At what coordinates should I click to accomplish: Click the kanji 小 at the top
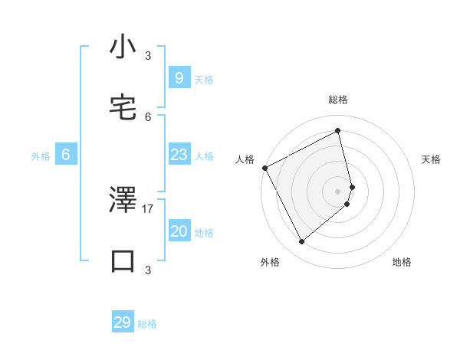point(123,47)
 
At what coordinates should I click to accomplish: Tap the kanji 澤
point(123,201)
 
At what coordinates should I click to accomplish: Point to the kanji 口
point(123,260)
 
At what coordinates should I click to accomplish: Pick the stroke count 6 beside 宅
point(148,116)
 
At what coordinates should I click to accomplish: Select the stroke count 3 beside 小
point(148,55)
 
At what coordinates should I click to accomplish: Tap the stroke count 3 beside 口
point(148,270)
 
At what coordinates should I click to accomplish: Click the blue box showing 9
point(179,77)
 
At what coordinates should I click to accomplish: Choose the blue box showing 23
point(179,155)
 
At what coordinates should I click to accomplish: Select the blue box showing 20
point(179,232)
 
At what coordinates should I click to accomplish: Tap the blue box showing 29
point(123,322)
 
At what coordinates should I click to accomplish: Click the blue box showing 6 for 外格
point(66,155)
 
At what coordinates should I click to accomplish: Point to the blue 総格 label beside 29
point(148,324)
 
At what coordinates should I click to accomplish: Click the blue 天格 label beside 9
point(204,79)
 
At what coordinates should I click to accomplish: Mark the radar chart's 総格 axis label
point(338,100)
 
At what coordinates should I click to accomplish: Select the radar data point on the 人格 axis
point(264,168)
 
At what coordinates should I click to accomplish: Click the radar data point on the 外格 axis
point(301,242)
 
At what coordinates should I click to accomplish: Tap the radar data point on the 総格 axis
point(338,131)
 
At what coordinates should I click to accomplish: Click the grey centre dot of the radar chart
point(338,190)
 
